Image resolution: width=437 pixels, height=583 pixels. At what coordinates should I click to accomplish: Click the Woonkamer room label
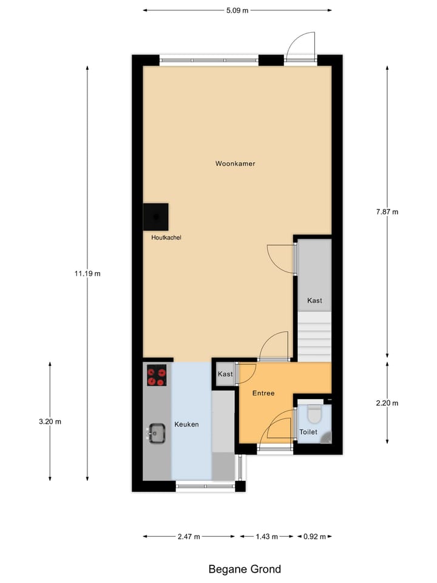235,163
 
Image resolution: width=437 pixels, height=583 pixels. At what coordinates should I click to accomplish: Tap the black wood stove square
156,216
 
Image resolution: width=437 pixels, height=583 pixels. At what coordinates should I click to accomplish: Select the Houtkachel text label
166,237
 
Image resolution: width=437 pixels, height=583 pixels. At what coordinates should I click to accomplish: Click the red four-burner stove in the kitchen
157,375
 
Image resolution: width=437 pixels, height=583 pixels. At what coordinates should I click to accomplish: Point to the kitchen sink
157,434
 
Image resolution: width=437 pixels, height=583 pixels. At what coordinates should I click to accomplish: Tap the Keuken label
186,424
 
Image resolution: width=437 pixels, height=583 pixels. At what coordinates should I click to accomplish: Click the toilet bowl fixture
314,413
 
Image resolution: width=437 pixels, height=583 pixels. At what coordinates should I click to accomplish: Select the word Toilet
308,432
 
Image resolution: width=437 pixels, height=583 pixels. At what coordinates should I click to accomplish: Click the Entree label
263,393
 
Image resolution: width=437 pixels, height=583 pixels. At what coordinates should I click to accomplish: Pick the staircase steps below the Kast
314,336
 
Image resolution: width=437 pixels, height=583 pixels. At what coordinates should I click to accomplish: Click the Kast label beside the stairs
314,301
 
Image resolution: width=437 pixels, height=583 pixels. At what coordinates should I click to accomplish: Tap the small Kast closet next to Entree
225,374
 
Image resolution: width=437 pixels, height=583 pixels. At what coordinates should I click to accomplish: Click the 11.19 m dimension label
87,273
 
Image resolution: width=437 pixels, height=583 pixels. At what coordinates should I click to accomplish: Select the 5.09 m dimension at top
237,10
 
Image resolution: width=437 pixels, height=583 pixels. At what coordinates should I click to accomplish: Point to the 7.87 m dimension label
387,211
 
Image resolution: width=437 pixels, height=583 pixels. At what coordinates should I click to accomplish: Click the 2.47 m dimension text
188,536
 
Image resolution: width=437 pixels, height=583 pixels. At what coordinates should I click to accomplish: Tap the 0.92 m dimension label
314,536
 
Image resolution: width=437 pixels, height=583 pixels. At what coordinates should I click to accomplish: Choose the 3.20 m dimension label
50,421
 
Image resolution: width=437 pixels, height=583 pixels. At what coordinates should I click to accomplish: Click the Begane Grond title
245,569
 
